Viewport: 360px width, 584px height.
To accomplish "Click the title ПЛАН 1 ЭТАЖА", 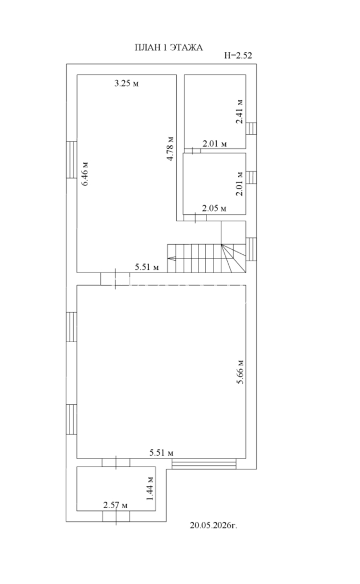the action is click(168, 48).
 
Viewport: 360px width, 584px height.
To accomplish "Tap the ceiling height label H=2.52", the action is click(238, 55).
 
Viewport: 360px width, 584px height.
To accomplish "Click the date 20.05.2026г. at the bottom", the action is click(213, 525).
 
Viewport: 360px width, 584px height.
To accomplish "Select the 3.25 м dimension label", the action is click(126, 83).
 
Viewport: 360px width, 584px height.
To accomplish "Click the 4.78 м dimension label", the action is click(171, 148).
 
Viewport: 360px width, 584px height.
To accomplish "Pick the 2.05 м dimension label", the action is click(215, 208).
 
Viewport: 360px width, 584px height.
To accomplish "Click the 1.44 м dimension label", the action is click(150, 488).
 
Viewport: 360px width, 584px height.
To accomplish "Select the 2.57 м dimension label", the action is click(115, 505).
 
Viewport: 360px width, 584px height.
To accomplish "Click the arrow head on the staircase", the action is click(171, 258).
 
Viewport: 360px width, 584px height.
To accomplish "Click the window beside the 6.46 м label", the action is click(71, 160).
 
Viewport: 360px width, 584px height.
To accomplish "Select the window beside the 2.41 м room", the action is click(251, 128).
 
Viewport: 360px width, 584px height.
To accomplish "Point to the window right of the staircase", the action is click(251, 249).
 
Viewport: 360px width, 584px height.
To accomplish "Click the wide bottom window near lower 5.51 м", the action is click(204, 464).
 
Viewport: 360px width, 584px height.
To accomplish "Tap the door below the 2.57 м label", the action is click(116, 517).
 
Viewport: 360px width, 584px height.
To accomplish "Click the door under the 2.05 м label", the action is click(195, 218).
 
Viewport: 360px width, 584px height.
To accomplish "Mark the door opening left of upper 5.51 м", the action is click(115, 278).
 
